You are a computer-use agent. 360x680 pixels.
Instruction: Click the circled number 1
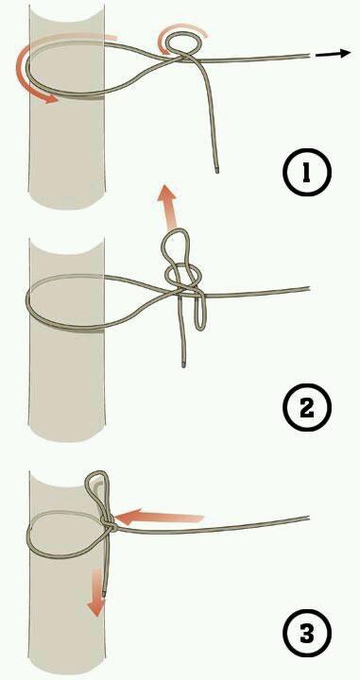click(307, 172)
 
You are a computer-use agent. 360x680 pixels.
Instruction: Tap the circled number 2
click(307, 407)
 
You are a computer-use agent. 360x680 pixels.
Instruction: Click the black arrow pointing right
click(333, 53)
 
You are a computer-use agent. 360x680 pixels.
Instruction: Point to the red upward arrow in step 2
click(167, 207)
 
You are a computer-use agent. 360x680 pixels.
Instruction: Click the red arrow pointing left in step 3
click(159, 517)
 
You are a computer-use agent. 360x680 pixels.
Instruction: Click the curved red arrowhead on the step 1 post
click(47, 98)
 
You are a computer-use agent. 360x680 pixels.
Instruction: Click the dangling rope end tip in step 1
click(216, 171)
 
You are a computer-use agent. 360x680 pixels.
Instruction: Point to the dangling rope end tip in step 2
click(184, 365)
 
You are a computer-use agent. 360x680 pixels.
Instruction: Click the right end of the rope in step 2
click(309, 288)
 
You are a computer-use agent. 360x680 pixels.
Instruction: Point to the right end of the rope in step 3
click(308, 518)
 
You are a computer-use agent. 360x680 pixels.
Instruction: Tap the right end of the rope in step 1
click(309, 56)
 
